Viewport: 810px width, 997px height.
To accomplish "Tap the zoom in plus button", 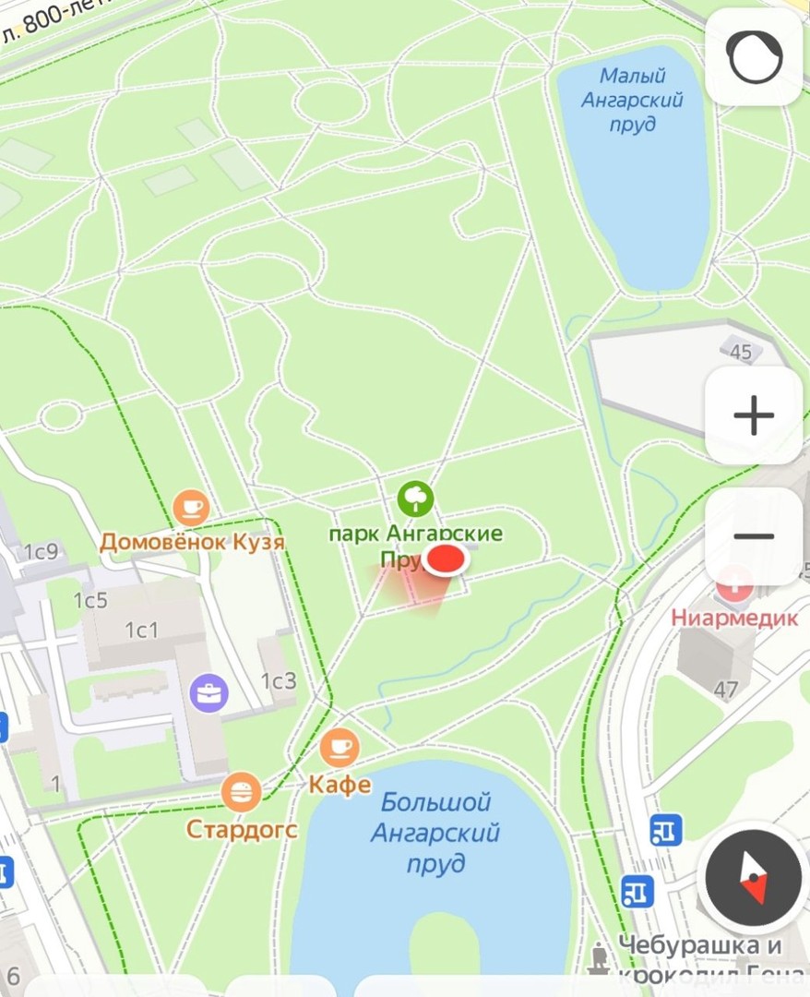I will click(x=754, y=415).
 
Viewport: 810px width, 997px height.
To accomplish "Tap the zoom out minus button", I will click(x=754, y=536).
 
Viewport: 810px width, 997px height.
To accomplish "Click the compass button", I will click(x=753, y=878).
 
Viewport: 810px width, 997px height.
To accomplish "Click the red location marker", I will click(x=447, y=559).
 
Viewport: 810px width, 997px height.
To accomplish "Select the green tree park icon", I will click(x=416, y=499).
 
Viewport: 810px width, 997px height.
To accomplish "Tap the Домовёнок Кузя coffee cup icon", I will click(x=191, y=507).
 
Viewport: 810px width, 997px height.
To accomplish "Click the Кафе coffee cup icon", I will click(x=339, y=746).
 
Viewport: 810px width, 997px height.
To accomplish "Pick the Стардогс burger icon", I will click(x=242, y=791).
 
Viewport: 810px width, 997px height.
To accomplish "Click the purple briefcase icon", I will click(x=209, y=692).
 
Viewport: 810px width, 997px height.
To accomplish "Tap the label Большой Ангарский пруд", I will click(x=435, y=833).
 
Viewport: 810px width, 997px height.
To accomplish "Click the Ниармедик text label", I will click(x=733, y=618).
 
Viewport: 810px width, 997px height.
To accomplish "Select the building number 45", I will click(x=741, y=352).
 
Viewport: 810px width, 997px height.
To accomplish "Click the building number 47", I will click(x=726, y=689).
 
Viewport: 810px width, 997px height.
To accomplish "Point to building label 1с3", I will click(x=279, y=681).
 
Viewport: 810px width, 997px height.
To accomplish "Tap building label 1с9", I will click(x=41, y=552).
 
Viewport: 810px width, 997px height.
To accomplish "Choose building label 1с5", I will click(x=90, y=601).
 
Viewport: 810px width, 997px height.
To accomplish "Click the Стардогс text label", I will click(x=242, y=829).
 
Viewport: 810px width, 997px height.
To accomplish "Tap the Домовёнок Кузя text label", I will click(x=192, y=541).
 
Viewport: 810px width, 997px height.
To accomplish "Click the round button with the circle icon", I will click(x=754, y=57).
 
